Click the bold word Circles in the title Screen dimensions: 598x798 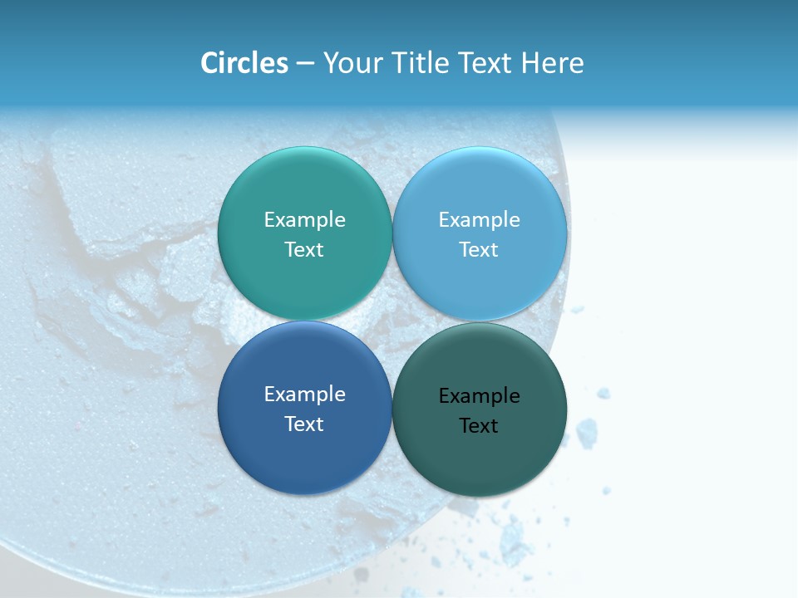pos(244,63)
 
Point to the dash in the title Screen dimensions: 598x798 pos(304,64)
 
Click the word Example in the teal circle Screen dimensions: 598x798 pos(304,219)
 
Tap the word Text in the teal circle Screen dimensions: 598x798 pos(304,249)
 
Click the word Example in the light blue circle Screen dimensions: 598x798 pos(480,219)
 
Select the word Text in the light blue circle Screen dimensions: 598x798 pos(480,249)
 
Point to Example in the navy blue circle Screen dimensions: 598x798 pos(304,394)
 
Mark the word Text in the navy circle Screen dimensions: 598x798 pos(304,424)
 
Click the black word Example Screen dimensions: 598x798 pos(480,395)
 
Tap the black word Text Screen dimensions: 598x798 pos(480,425)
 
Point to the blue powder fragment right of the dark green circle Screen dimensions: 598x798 pos(587,433)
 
